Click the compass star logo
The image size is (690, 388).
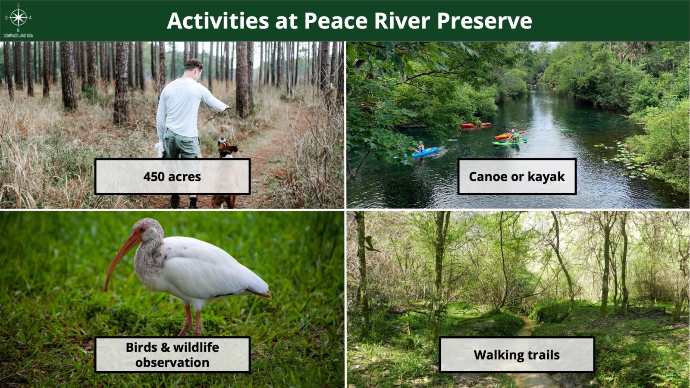pos(19,17)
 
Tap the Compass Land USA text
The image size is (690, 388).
pos(18,36)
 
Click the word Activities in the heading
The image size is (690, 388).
pos(218,21)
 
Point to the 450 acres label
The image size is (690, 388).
pos(172,176)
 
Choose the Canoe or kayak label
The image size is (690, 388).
pos(517,176)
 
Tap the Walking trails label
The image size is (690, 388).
pos(517,355)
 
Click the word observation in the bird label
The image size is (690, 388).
pos(172,363)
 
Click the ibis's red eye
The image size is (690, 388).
pos(142,229)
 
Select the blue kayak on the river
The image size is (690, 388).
pos(424,152)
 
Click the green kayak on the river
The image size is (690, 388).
pos(510,142)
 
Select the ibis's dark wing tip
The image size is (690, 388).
pos(260,294)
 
